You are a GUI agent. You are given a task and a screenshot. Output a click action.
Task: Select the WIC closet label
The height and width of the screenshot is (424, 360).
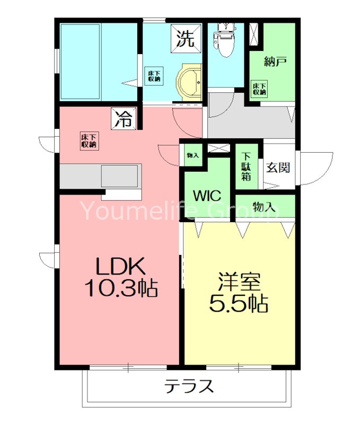point(207,196)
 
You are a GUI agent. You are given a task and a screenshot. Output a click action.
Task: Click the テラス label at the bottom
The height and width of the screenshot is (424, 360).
point(189,386)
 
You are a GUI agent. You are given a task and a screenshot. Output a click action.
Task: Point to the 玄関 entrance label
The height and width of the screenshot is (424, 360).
point(278,168)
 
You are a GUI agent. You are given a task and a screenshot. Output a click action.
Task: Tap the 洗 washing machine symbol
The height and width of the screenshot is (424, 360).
point(186,38)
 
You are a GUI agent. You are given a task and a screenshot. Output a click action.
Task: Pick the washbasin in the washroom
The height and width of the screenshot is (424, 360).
point(189,83)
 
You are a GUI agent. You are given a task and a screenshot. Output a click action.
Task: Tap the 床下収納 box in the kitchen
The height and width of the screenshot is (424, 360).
point(89,140)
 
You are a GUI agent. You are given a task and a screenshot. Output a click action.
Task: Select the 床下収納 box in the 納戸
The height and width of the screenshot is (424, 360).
point(259,89)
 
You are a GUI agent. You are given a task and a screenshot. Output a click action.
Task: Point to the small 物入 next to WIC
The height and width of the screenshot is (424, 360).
point(192,155)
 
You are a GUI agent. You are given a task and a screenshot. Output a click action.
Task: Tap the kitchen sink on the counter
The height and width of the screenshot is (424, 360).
point(121,175)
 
